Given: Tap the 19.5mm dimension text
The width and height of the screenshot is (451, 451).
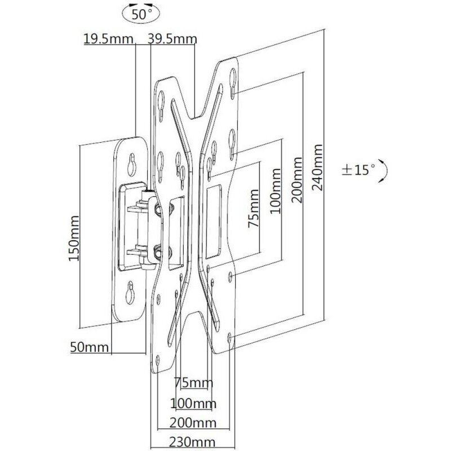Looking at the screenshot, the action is point(108,39).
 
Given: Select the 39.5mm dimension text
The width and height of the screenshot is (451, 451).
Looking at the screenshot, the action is point(173,39).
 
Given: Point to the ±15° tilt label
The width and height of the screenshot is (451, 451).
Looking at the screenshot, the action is point(359,170).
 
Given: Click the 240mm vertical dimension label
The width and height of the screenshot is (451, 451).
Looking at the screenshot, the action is point(317,167).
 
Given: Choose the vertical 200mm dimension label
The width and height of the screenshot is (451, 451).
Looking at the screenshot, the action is point(297,180).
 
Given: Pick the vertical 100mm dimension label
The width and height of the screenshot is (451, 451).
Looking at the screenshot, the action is point(275,191).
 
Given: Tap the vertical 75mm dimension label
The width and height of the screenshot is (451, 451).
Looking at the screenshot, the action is point(254,208).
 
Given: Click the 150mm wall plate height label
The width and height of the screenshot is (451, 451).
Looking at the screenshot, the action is point(74,238).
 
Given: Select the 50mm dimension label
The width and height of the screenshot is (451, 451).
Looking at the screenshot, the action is point(90,347).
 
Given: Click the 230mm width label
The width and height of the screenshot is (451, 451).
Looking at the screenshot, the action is point(192,443).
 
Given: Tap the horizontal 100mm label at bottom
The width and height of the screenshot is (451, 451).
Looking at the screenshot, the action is point(193,404).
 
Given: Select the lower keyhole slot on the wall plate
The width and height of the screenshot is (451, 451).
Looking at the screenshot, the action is point(130,293).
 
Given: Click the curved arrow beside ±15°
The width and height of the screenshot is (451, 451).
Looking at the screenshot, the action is point(383,171).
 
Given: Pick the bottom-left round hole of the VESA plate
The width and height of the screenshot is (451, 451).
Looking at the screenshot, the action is point(158,360).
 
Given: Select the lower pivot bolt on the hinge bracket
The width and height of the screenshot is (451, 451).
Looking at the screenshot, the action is point(157,250).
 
